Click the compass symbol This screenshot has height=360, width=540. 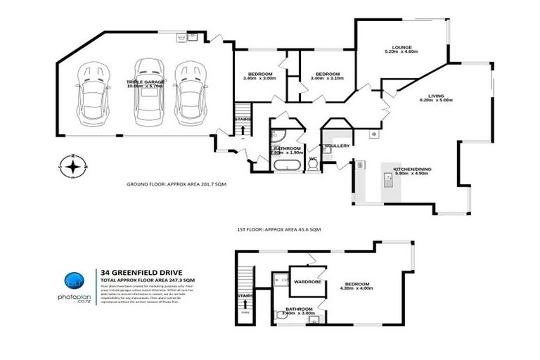tap(72, 167)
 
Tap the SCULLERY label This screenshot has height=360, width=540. tap(337, 146)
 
